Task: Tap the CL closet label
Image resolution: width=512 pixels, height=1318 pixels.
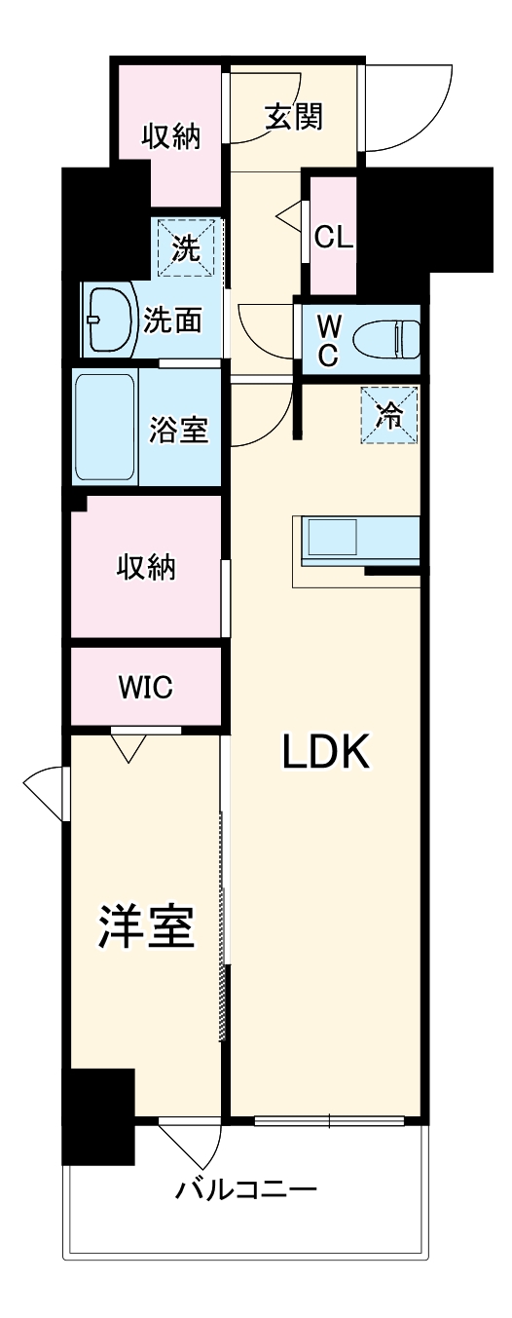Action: [x=333, y=238]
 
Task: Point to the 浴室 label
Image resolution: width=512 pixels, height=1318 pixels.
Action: [x=178, y=429]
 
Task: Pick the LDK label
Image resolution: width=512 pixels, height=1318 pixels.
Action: [x=326, y=751]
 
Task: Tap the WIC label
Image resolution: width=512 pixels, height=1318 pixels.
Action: [x=146, y=687]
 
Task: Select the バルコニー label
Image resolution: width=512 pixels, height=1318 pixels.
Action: [x=246, y=1190]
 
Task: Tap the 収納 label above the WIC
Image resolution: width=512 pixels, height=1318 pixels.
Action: [x=147, y=567]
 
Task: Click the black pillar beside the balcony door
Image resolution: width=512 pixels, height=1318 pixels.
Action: [x=97, y=1115]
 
